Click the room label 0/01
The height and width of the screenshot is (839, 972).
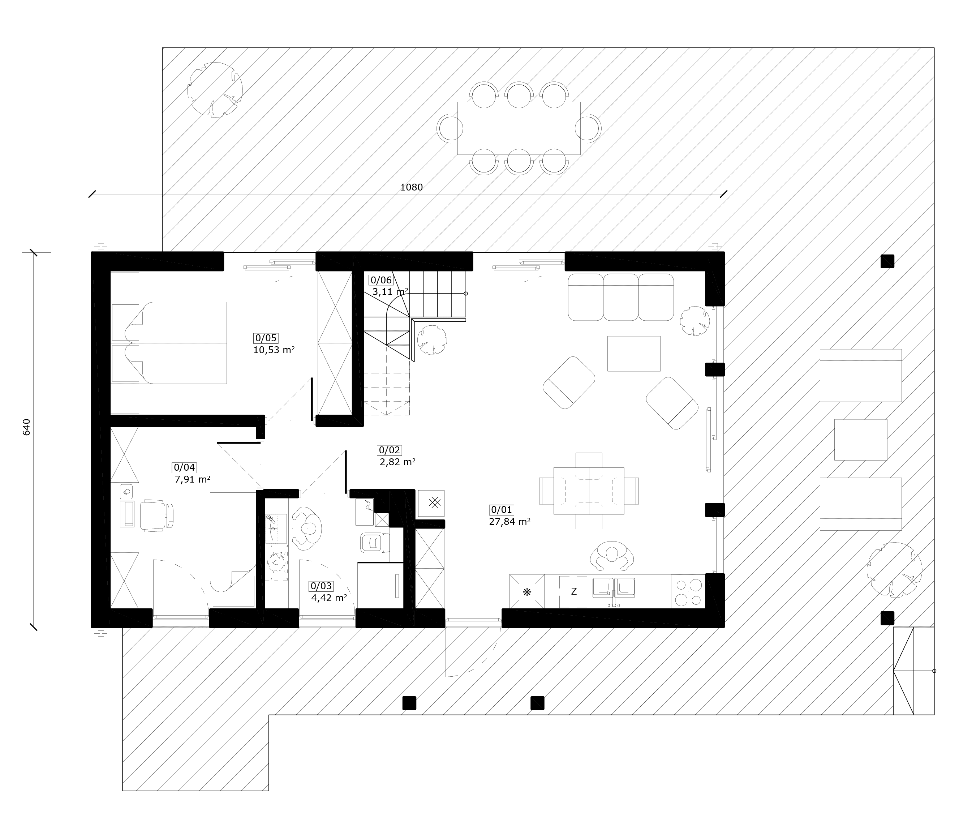pos(502,510)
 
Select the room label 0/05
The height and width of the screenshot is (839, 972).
pos(266,338)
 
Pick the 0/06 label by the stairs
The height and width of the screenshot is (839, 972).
pos(381,281)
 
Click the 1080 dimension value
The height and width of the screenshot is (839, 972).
pos(412,187)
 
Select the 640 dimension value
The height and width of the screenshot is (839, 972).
pos(26,427)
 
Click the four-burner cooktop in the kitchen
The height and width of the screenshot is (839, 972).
pos(688,592)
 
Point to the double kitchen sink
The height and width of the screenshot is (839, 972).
pos(614,589)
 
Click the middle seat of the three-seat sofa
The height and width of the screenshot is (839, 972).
pos(621,297)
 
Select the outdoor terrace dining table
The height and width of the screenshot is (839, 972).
pos(519,128)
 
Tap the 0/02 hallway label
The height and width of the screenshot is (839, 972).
pos(390,450)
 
